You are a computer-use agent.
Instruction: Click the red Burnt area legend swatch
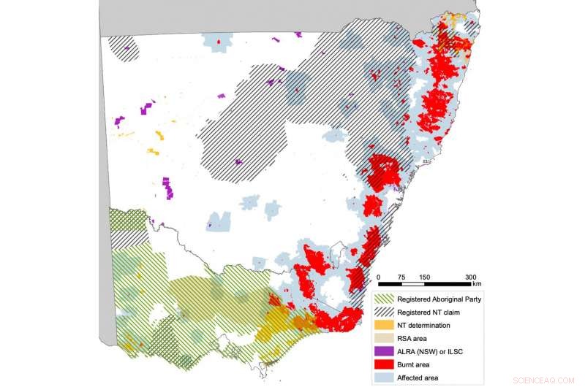pyautogui.click(x=384, y=364)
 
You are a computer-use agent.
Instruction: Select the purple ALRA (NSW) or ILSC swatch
pyautogui.click(x=384, y=350)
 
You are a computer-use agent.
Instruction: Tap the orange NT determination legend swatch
pyautogui.click(x=384, y=325)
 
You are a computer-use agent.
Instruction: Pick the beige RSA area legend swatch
pyautogui.click(x=384, y=338)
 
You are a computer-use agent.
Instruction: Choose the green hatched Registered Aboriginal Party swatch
pyautogui.click(x=384, y=299)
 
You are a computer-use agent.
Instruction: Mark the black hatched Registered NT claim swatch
pyautogui.click(x=384, y=312)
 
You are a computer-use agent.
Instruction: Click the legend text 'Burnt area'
pyautogui.click(x=416, y=364)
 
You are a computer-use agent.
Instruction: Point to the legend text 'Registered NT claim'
pyautogui.click(x=431, y=312)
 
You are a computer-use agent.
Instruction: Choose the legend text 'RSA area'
pyautogui.click(x=413, y=338)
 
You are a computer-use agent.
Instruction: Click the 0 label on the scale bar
pyautogui.click(x=379, y=277)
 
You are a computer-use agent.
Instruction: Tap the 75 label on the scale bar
pyautogui.click(x=401, y=277)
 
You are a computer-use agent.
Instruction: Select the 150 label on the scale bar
pyautogui.click(x=424, y=277)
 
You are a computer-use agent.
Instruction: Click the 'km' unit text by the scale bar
pyautogui.click(x=476, y=284)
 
